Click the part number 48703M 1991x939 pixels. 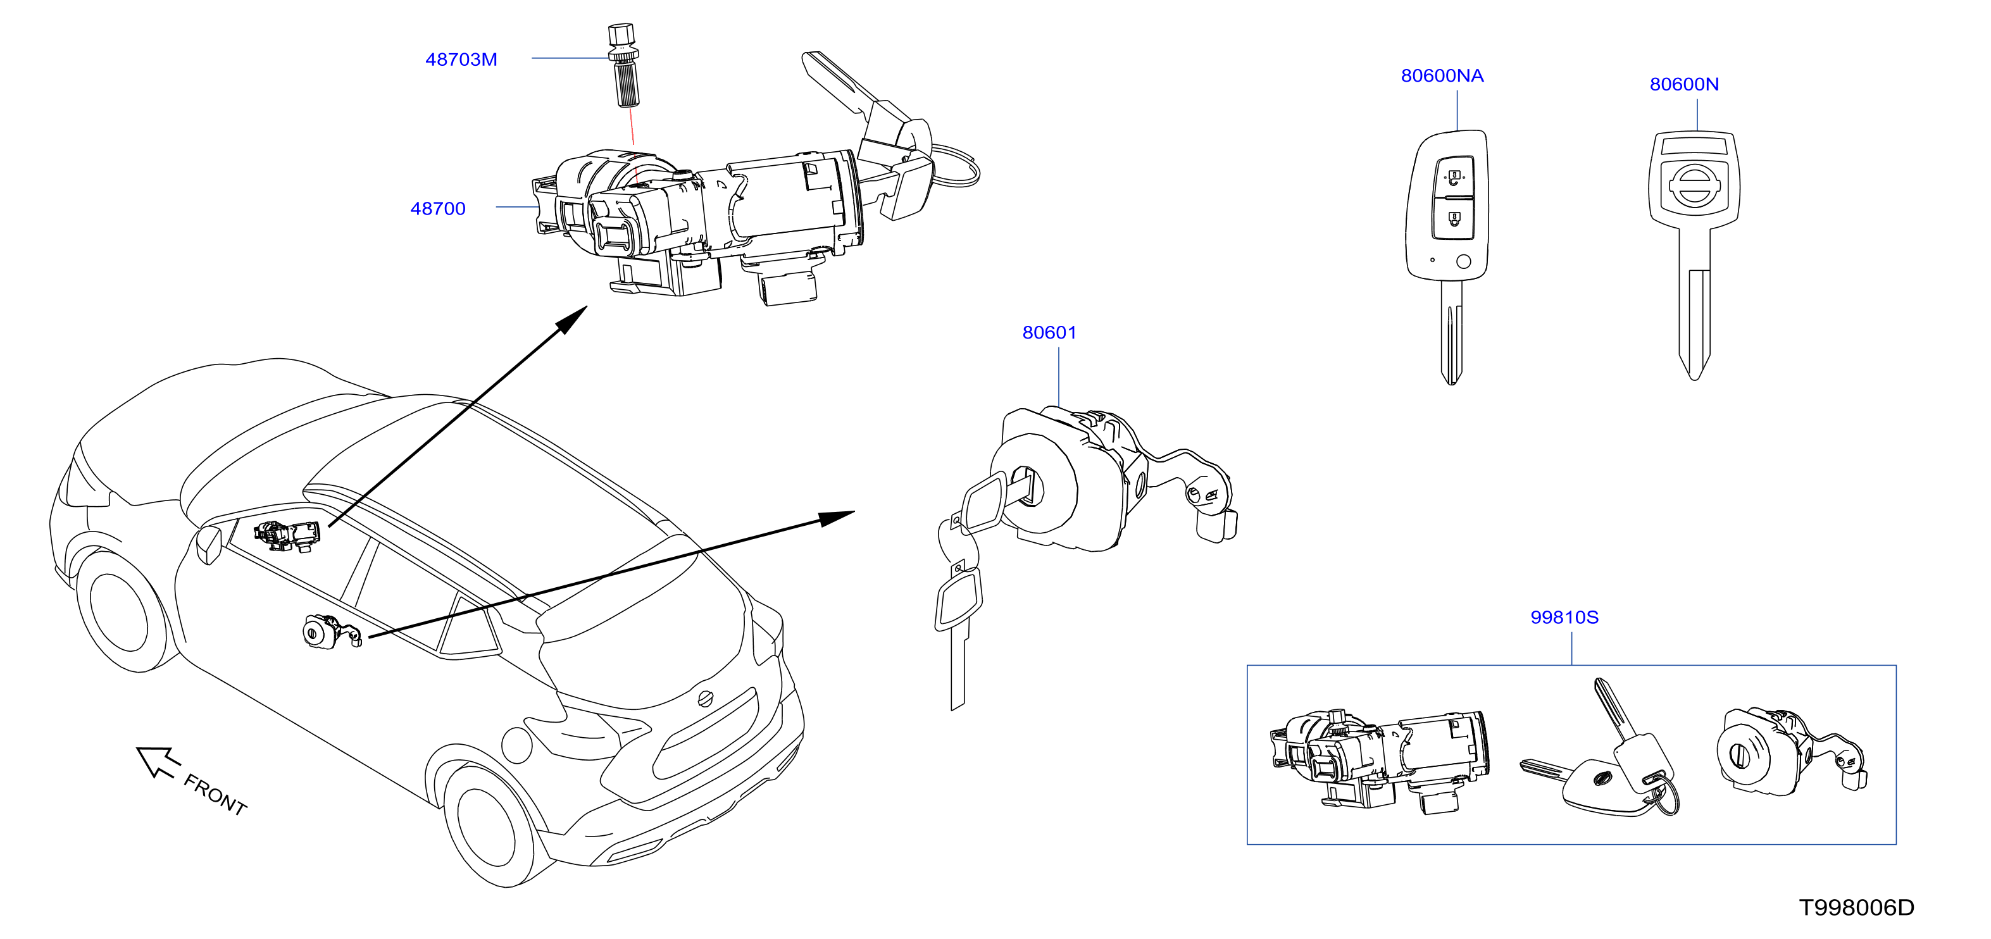click(x=461, y=59)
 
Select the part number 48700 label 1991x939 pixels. click(x=437, y=209)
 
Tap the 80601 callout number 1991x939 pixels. click(x=1049, y=332)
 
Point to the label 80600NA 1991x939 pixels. click(x=1442, y=76)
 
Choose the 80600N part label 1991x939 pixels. click(x=1684, y=84)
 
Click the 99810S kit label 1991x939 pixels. click(x=1564, y=618)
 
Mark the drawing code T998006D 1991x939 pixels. click(x=1856, y=907)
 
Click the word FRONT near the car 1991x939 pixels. click(x=215, y=795)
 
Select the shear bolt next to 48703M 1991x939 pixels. click(x=625, y=66)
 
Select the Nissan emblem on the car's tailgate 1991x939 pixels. click(x=705, y=699)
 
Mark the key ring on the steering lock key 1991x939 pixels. click(x=956, y=164)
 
